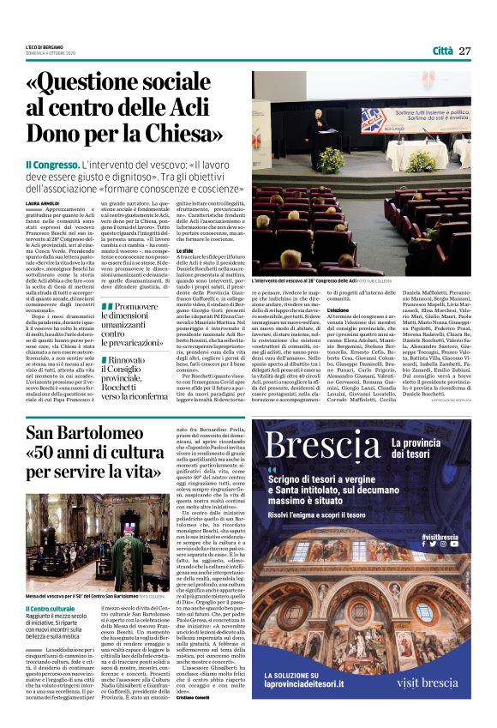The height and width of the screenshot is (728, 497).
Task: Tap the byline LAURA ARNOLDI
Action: click(x=44, y=202)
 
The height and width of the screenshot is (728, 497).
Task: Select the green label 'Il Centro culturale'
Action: click(x=46, y=611)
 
